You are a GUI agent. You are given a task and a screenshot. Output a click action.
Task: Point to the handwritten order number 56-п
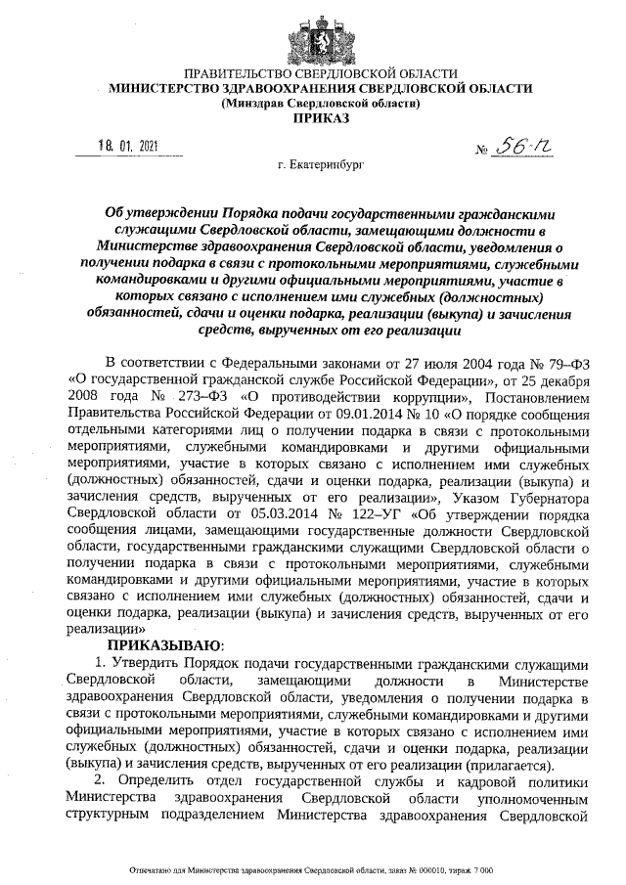(x=523, y=148)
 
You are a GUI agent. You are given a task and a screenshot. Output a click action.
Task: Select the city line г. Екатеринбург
(x=320, y=167)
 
